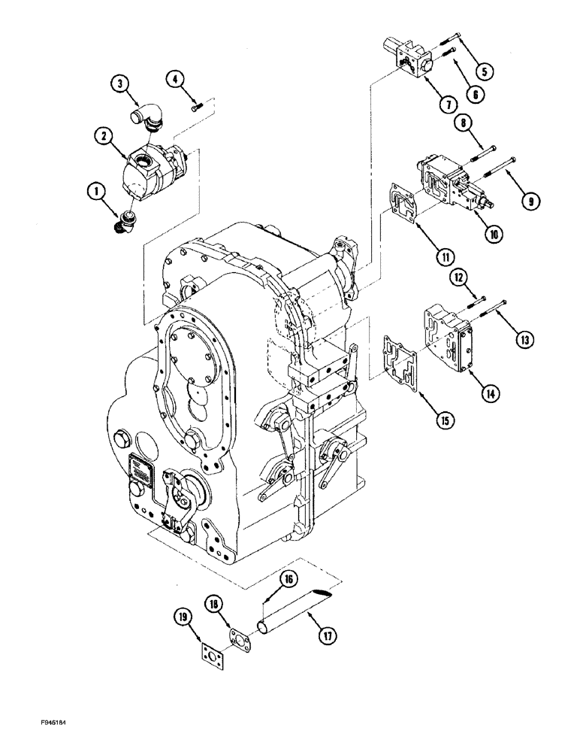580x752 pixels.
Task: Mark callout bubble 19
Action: (x=182, y=618)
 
